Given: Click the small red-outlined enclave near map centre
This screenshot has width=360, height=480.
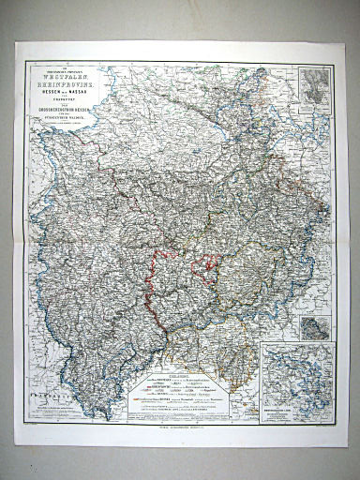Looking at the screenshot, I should (x=204, y=267).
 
